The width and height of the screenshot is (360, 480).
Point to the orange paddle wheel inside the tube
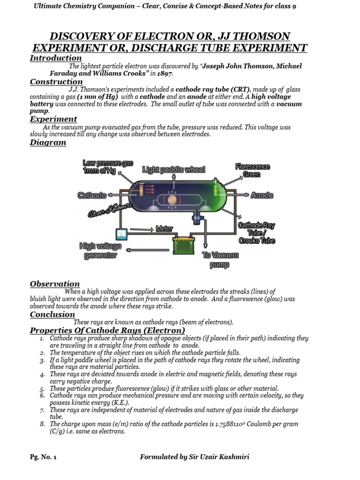pos(172,200)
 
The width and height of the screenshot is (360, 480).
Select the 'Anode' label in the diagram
pos(262,195)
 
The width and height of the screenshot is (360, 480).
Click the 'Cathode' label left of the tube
pos(92,195)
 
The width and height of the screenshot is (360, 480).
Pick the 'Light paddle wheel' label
pos(173,169)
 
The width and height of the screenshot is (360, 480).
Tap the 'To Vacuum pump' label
pos(220,260)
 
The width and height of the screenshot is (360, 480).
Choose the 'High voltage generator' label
pos(100,251)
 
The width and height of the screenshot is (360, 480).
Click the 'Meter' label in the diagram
pos(164,229)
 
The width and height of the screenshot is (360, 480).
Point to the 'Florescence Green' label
pos(252,170)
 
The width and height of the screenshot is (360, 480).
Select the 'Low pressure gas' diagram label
pos(108,167)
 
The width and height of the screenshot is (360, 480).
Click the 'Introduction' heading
pos(56,58)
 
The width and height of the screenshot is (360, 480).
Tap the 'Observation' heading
pos(55,284)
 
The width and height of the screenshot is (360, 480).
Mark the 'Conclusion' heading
pos(52,315)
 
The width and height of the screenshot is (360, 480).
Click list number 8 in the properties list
pos(42,424)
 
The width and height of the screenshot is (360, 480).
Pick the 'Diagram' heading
pos(48,142)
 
